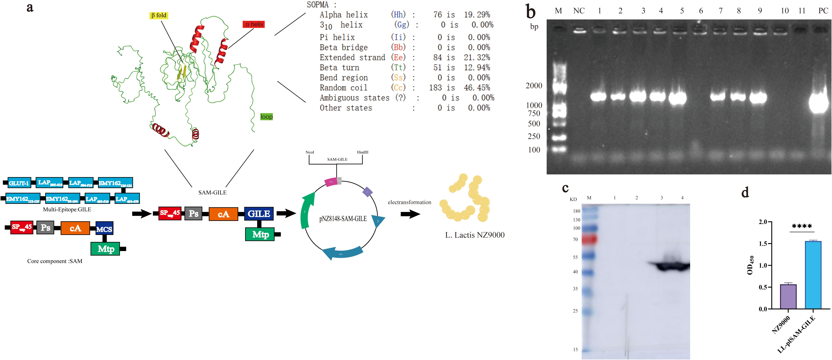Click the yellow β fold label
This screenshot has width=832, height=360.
pos(159,15)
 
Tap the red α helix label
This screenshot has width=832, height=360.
pos(254,24)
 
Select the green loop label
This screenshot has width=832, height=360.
pos(267,117)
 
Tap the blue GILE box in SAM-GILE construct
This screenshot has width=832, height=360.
pos(259,214)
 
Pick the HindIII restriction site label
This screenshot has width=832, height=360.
pos(362,152)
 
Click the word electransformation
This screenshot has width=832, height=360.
pos(409,202)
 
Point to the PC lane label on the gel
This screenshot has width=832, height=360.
pos(823,11)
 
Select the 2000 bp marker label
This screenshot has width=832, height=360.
pos(534,86)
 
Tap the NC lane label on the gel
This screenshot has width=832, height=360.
pos(579,11)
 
